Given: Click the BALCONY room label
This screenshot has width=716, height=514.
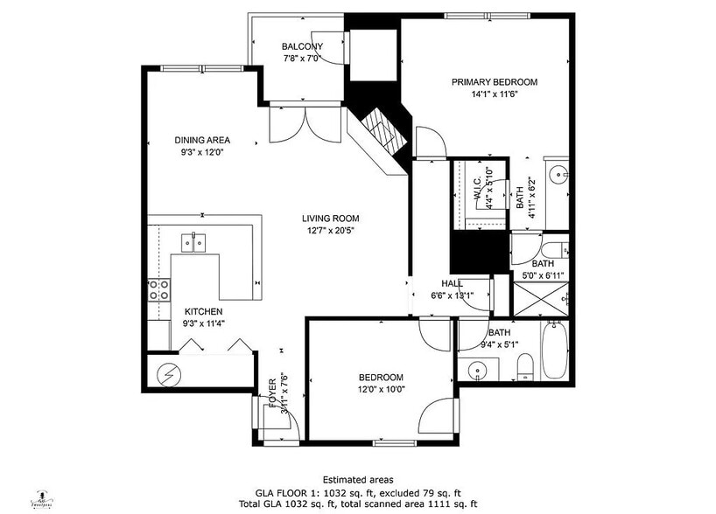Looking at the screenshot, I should coord(302,47).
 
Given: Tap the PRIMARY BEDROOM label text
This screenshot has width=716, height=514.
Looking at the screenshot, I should coord(495,82).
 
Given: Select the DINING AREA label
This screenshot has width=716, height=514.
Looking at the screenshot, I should coord(202,140).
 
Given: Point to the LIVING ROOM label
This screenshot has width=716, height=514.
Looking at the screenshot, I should coord(331,219).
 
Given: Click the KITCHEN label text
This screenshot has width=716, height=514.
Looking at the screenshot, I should coord(202,311).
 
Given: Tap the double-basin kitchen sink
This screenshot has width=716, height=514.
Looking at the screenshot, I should coord(194,242).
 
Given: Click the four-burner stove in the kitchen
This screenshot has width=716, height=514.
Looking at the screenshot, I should coord(158,289).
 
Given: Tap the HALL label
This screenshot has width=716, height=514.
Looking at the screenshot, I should coord(452,283).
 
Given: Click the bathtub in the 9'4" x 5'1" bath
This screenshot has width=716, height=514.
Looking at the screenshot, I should coord(553,351).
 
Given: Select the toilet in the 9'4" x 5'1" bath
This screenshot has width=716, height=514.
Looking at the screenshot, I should coord(523,366).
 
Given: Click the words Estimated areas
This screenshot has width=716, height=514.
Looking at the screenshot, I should coord(358,480).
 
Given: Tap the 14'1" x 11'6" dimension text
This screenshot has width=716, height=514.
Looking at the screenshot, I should coord(495,94).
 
